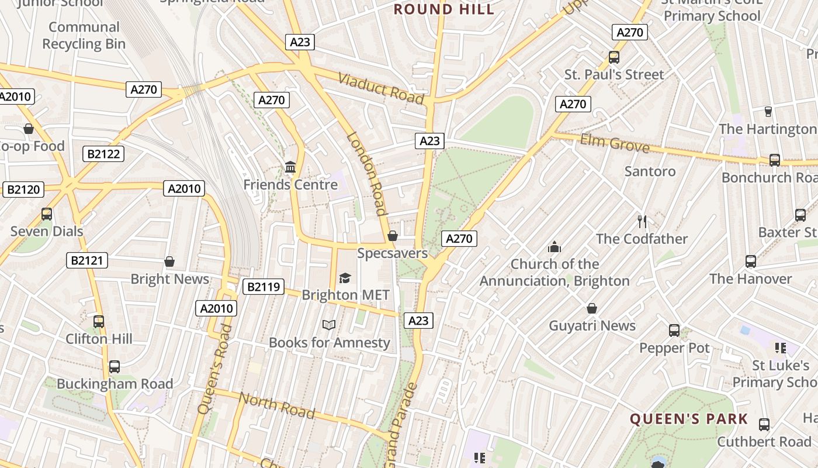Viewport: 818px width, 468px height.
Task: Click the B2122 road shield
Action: (x=103, y=154)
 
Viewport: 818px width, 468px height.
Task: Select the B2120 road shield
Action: (x=23, y=189)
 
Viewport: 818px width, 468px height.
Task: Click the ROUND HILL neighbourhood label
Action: (x=443, y=9)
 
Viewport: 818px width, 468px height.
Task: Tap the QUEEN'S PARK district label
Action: (x=689, y=419)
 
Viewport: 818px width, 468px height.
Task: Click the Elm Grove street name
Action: (x=614, y=143)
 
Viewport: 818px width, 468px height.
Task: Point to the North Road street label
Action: (x=277, y=405)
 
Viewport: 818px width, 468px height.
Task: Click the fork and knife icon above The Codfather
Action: (x=642, y=221)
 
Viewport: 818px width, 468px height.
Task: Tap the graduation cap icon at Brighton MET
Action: (x=345, y=278)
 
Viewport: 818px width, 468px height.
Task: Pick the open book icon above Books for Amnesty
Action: (x=329, y=325)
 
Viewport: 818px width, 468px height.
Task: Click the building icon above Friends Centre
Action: (x=290, y=168)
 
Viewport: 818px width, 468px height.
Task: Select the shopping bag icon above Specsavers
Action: (x=393, y=236)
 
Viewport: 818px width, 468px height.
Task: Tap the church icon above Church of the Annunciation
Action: (x=554, y=247)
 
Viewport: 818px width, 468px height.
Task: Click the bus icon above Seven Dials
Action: (x=47, y=214)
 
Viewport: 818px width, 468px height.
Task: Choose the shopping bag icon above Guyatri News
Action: (x=592, y=308)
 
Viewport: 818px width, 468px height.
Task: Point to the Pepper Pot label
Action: (x=674, y=348)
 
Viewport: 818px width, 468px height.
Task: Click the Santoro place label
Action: (x=650, y=171)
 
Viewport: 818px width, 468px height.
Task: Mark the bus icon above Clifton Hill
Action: (x=99, y=321)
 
